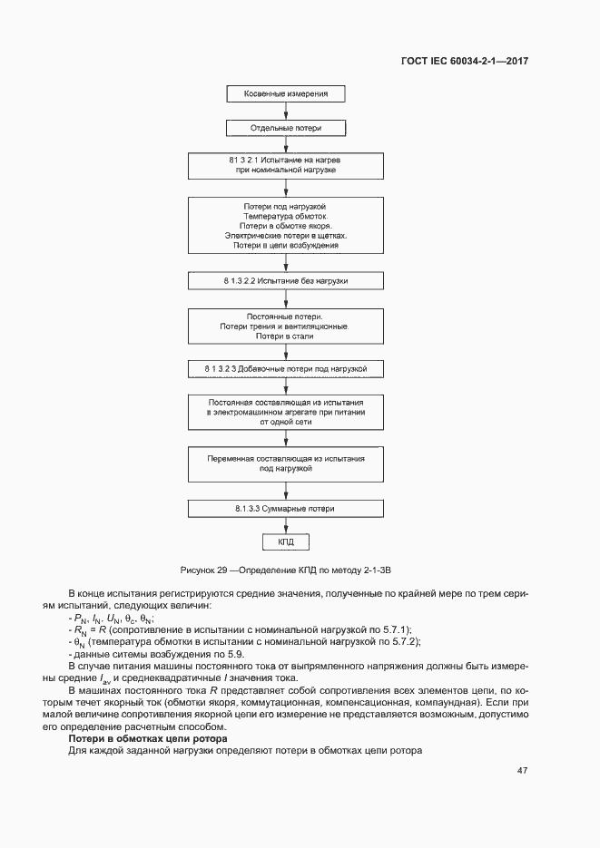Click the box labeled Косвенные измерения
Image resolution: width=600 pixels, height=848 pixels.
285,93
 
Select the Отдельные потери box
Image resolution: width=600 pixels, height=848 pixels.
285,128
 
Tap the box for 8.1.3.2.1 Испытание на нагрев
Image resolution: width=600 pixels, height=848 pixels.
285,164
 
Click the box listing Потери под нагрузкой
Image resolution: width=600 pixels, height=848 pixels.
285,226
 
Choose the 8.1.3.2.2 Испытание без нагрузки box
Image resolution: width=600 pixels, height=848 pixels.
285,281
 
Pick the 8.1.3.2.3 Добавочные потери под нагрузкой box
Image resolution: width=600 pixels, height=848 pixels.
285,369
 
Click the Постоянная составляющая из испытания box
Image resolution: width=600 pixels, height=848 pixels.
285,412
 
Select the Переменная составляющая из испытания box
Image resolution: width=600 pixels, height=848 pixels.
285,464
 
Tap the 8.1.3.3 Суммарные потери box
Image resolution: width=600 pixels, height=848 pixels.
285,508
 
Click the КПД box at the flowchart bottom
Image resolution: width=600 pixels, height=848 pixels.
285,541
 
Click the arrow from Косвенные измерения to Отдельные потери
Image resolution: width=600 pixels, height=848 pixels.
285,111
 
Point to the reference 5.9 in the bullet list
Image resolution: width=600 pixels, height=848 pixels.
209,654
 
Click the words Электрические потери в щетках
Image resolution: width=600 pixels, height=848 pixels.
285,235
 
